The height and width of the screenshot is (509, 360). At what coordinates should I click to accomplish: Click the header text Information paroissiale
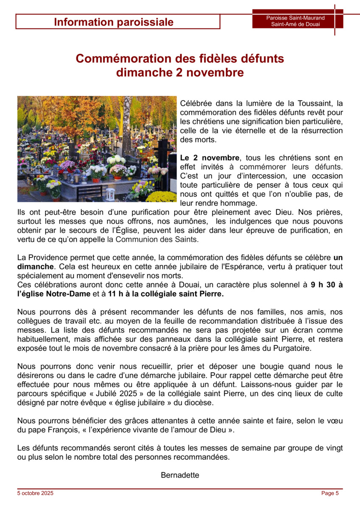coord(113,22)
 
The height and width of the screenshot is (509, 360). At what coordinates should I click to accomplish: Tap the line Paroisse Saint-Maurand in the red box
coord(295,18)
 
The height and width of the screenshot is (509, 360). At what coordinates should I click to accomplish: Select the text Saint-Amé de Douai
coord(295,24)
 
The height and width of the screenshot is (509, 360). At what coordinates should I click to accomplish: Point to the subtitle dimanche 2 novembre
coord(180,73)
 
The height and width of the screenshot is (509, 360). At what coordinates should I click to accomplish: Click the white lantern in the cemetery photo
coord(110,194)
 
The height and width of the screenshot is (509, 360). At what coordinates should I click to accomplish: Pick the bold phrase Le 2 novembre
coord(210,158)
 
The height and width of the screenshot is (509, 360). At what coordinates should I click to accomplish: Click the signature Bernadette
coord(180,475)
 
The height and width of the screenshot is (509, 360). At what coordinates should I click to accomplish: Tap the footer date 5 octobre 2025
coord(35,493)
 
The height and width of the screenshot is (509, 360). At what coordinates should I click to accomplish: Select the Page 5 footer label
coord(330,493)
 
